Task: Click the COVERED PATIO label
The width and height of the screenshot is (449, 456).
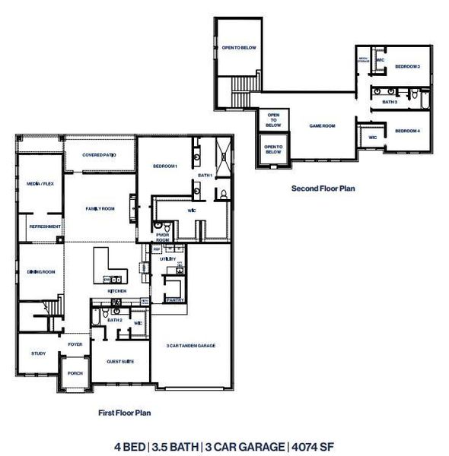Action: (99, 155)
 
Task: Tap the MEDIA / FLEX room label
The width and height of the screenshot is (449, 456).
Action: (40, 184)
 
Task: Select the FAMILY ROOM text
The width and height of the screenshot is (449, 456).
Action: (100, 208)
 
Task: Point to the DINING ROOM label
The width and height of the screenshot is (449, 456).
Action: (41, 271)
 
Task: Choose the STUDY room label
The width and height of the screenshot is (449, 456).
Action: (38, 353)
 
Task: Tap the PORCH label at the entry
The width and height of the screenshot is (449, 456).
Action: (75, 373)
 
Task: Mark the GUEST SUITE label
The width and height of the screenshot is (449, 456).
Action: (120, 361)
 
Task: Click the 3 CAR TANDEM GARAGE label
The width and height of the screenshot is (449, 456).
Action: (190, 346)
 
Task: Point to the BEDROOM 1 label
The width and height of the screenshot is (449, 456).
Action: (165, 166)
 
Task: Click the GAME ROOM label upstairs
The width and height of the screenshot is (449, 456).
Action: (322, 126)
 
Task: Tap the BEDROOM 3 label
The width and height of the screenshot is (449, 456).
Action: (407, 67)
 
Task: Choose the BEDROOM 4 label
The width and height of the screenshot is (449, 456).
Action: (407, 131)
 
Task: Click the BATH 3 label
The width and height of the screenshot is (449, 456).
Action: (390, 101)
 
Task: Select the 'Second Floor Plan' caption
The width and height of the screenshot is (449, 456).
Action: (323, 188)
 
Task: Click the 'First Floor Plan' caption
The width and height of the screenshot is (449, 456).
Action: (125, 413)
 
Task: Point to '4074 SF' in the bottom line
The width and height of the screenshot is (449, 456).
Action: (312, 445)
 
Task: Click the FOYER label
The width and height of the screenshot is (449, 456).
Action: (75, 344)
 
